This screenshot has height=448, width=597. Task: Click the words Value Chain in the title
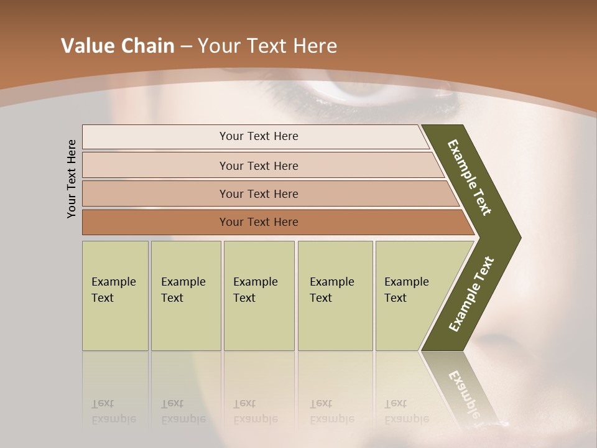[x=118, y=46]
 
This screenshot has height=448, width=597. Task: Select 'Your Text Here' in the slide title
[x=267, y=46]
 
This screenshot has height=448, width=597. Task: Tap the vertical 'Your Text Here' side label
[x=72, y=179]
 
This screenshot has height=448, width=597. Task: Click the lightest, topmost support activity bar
[x=258, y=136]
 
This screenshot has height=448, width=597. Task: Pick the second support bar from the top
[x=258, y=166]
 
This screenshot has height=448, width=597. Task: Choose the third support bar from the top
[x=258, y=194]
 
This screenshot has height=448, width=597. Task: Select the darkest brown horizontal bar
[x=258, y=222]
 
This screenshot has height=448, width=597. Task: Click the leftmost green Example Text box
[x=115, y=296]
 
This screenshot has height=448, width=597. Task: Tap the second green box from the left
[x=185, y=296]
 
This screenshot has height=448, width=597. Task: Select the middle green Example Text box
[x=259, y=296]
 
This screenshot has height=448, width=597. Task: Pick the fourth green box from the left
[x=335, y=296]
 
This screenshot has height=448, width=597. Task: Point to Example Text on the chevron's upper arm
[x=470, y=177]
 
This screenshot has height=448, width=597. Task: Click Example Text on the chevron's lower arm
[x=471, y=294]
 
